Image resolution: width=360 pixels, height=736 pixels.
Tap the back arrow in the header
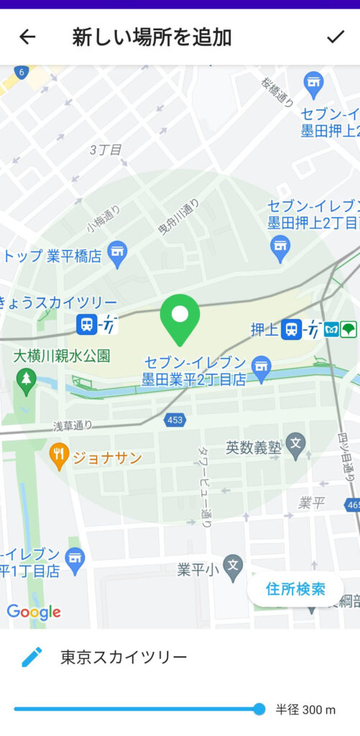(x=27, y=37)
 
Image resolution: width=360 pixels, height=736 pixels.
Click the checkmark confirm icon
(x=335, y=37)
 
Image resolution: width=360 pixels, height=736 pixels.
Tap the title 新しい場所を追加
(x=152, y=37)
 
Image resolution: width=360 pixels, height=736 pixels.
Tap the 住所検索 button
(x=295, y=589)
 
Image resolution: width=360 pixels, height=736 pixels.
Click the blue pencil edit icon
(x=32, y=656)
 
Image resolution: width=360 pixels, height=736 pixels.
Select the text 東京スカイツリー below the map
(x=124, y=657)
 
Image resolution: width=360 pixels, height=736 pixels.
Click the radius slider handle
(x=259, y=709)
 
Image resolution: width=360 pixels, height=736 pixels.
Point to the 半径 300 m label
(x=305, y=710)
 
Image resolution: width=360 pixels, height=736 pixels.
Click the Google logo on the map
(x=34, y=612)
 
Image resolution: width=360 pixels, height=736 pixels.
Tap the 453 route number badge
(x=175, y=420)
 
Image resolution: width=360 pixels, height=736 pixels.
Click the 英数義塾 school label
(x=254, y=446)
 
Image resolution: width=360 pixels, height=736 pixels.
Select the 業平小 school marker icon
(x=232, y=567)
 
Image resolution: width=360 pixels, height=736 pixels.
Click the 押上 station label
(x=263, y=330)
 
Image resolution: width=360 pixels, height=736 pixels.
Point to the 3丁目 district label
(x=106, y=150)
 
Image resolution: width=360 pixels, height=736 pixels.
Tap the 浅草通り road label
(x=73, y=425)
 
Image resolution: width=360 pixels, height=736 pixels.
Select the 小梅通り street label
(x=103, y=217)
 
